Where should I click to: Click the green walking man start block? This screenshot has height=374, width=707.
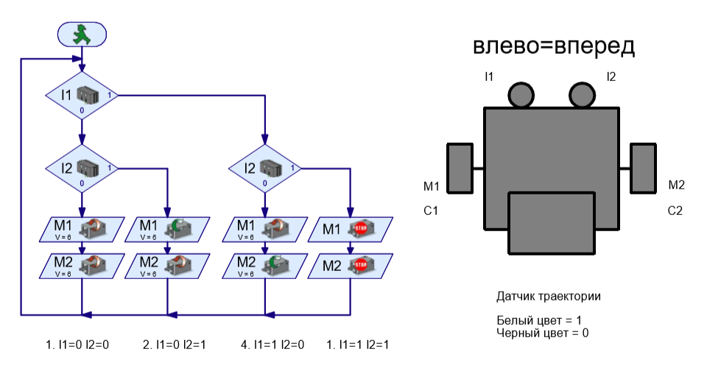(x=82, y=33)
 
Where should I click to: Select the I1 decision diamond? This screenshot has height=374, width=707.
(x=82, y=96)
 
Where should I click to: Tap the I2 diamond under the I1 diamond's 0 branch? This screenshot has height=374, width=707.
(x=82, y=169)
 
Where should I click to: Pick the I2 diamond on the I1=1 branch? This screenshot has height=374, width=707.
(x=264, y=169)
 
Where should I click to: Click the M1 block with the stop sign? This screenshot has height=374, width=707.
(x=350, y=230)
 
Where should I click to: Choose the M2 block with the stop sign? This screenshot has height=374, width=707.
(x=350, y=265)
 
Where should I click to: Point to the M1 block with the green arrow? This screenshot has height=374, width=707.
(x=167, y=230)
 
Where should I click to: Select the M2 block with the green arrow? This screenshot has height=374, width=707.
(x=264, y=265)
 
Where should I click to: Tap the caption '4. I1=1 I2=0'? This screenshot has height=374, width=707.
(x=272, y=345)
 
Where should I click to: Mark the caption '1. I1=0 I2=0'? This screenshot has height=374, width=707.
(x=77, y=345)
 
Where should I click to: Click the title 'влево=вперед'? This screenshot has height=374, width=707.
(x=553, y=46)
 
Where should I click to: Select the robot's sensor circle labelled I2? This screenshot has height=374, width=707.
(x=581, y=95)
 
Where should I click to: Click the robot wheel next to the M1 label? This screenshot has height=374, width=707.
(x=460, y=168)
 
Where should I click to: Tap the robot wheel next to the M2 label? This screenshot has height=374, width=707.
(x=643, y=168)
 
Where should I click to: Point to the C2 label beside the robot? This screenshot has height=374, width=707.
(x=675, y=211)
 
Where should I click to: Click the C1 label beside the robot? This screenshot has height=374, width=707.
(x=432, y=211)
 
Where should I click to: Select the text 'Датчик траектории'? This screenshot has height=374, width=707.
(x=549, y=297)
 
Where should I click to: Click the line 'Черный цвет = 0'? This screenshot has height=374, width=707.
(x=544, y=333)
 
